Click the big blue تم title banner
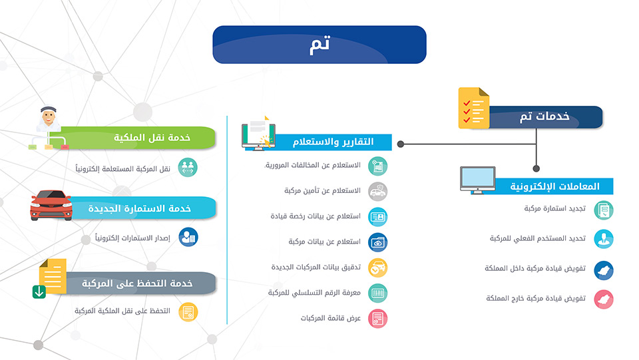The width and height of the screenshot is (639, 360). point(319,45)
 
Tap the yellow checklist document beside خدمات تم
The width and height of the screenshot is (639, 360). point(473,108)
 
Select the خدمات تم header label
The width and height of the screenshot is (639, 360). point(544,117)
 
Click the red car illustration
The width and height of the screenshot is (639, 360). point(51,205)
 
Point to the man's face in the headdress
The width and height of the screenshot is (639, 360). point(49,117)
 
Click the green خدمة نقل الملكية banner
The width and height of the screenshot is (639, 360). point(138,138)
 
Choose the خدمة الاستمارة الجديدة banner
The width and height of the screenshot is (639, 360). point(142,208)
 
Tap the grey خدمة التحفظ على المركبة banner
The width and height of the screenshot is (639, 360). point(138,283)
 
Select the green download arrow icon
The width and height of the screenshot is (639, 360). point(39,292)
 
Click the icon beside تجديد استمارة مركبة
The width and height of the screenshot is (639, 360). point(604,210)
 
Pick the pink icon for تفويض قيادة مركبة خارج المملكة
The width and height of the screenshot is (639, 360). point(604,299)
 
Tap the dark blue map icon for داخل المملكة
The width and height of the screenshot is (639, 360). point(604,270)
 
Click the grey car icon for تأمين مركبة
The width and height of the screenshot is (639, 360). point(378,192)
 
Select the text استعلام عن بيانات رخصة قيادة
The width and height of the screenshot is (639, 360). point(316,216)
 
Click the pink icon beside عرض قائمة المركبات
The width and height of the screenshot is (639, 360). point(378,319)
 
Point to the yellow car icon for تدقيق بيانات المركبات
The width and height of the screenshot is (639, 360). point(378,268)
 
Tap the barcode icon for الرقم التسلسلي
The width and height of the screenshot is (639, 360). point(378,293)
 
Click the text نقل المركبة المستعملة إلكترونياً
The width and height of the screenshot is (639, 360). point(122,168)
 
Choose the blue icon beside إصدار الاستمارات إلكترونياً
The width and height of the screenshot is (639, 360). point(188,237)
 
